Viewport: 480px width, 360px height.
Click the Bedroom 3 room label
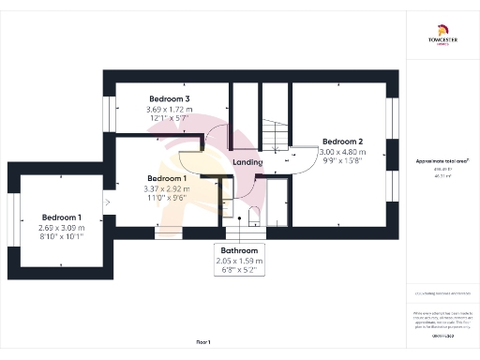tap(170, 98)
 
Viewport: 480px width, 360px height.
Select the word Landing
tap(247, 161)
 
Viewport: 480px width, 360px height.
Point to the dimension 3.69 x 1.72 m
tap(169, 110)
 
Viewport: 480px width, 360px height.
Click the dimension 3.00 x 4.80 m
tap(340, 152)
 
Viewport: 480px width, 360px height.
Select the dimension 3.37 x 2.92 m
tap(167, 187)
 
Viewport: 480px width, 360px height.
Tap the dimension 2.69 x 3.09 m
tap(62, 227)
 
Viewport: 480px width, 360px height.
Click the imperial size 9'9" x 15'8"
tap(340, 161)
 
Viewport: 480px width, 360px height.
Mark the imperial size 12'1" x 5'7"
tap(169, 119)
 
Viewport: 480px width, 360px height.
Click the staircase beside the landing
tap(275, 139)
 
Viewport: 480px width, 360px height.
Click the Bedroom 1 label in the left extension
tap(62, 217)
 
